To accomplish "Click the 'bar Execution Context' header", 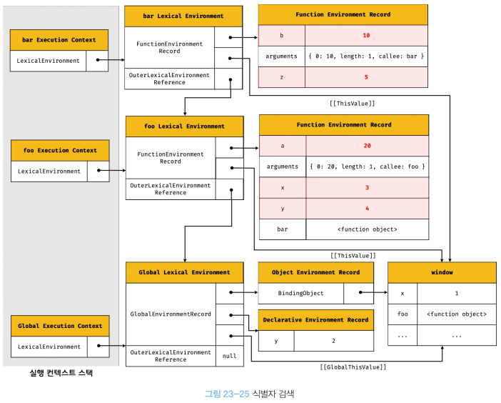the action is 59,40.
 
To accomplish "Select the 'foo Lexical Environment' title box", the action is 185,126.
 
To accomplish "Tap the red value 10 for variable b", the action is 366,36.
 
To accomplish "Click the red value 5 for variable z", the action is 366,77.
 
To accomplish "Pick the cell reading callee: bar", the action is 366,56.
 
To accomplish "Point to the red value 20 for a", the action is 367,146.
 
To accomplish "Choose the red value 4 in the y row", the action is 367,209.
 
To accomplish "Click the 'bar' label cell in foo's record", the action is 283,229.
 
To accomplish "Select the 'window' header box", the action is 442,272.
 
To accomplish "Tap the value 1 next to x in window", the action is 457,293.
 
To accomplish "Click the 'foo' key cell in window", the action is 403,314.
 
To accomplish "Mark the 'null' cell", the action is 229,356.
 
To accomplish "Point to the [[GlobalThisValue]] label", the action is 353,367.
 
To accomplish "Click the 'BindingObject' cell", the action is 300,293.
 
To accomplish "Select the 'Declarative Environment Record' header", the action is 315,320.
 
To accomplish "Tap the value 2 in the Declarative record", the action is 333,341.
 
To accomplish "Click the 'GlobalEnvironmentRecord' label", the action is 171,314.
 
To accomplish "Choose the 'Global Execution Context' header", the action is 60,326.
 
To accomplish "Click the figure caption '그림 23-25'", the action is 227,394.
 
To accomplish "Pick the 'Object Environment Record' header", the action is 315,272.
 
